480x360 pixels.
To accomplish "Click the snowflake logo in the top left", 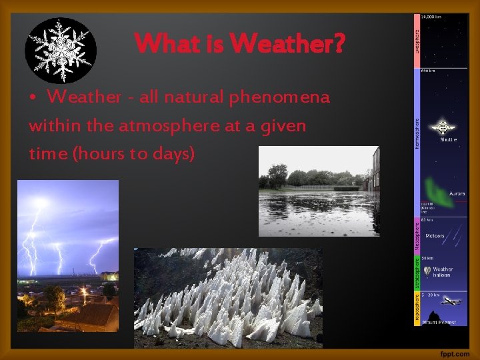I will [61, 50].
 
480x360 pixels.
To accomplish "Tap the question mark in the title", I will [339, 45].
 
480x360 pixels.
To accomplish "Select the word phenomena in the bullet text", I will [279, 97].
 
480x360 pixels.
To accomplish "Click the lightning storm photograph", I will [67, 255].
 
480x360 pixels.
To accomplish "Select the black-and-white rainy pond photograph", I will [319, 191].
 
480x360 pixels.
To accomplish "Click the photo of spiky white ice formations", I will [228, 297].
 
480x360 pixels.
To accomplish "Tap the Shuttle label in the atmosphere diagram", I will [448, 140].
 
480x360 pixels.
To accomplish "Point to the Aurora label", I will [457, 193].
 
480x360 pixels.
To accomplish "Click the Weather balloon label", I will [442, 272].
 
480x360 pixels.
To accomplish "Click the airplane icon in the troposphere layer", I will [451, 301].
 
